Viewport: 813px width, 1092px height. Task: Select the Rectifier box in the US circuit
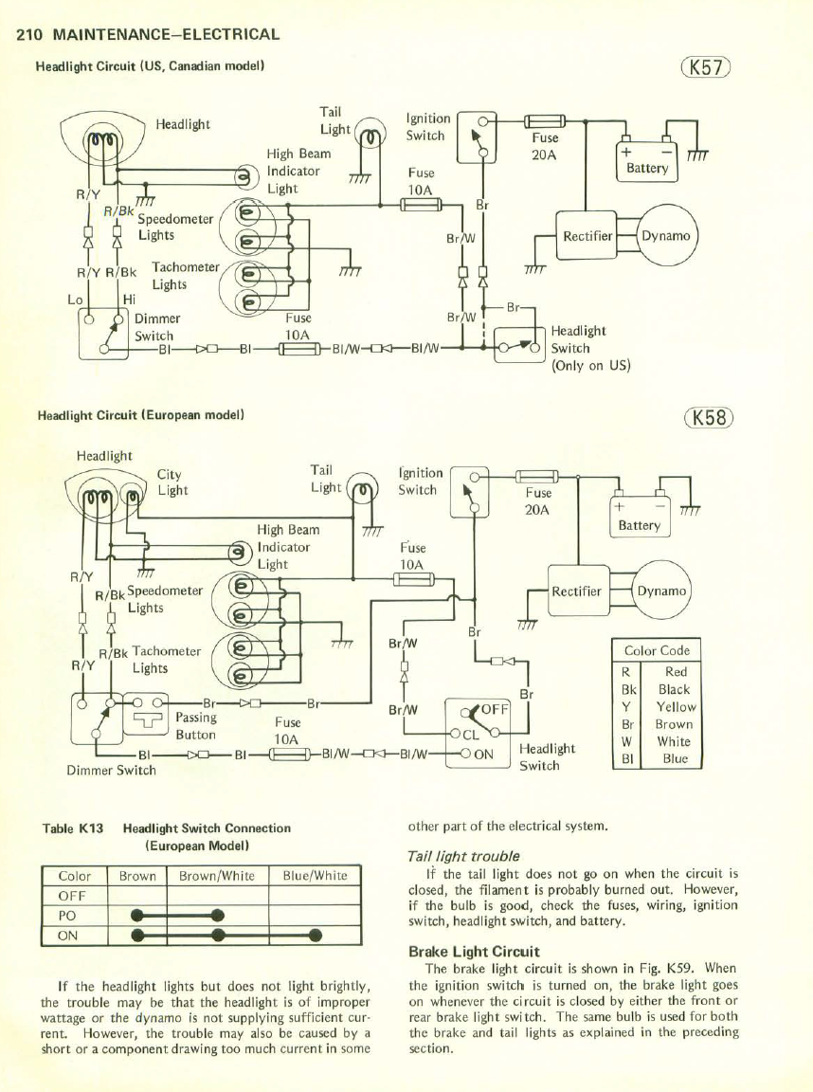[x=588, y=235]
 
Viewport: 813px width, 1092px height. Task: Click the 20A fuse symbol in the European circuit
[x=536, y=475]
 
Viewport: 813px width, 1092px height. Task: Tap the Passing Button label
[x=196, y=726]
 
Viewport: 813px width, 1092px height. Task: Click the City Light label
[x=172, y=482]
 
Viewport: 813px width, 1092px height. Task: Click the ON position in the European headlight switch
[x=485, y=755]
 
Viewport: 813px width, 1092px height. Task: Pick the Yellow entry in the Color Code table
[x=674, y=707]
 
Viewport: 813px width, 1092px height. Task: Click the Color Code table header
[x=657, y=650]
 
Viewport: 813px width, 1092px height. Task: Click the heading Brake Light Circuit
[x=474, y=951]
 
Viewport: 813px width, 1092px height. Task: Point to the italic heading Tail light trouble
[x=462, y=856]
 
